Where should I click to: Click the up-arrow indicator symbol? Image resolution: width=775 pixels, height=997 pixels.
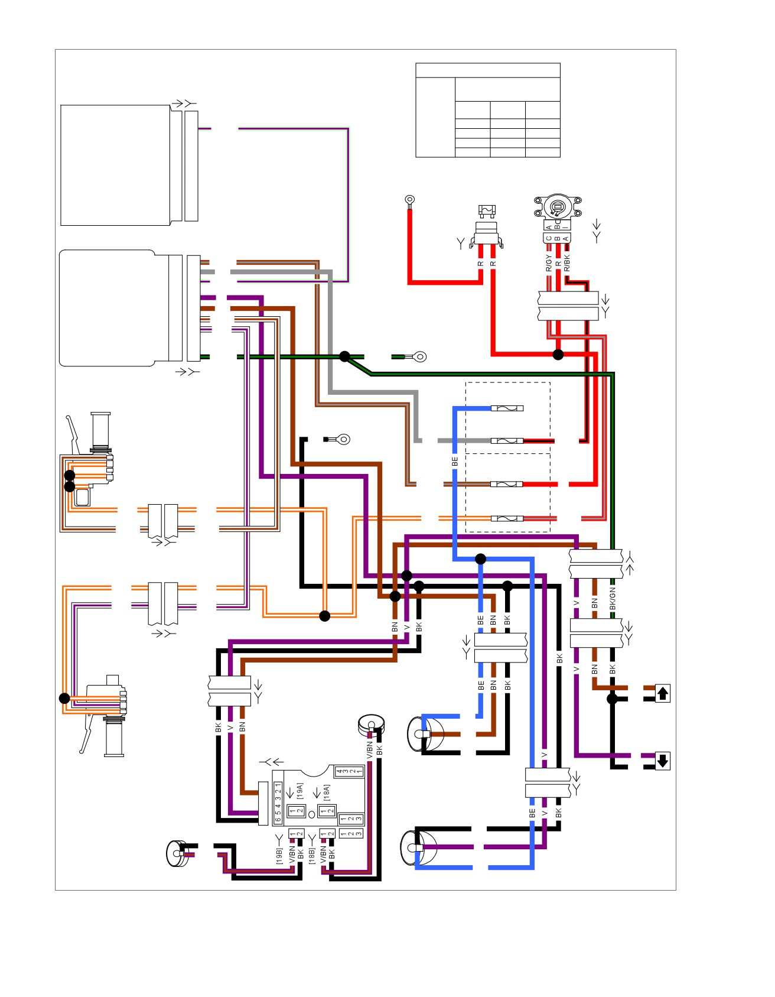(662, 693)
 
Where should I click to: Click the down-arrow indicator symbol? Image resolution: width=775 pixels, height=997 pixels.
(662, 761)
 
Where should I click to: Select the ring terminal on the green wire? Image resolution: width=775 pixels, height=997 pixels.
(419, 356)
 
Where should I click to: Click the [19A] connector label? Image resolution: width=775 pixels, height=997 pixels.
(299, 791)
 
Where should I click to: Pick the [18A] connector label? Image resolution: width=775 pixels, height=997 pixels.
(327, 792)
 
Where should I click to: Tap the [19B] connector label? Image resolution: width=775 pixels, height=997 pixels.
(279, 856)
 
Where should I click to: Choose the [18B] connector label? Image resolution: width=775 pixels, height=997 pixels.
(311, 856)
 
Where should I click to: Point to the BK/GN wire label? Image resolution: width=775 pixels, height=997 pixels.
(613, 599)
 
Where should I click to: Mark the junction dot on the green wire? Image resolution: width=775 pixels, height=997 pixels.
(344, 356)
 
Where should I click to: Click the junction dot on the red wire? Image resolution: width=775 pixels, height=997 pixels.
(558, 355)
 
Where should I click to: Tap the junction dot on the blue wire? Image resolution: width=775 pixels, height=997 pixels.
(481, 558)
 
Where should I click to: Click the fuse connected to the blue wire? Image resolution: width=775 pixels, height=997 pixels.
(507, 408)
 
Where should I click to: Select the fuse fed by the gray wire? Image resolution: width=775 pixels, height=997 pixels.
(507, 441)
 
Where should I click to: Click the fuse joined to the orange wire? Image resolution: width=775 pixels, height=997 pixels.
(507, 519)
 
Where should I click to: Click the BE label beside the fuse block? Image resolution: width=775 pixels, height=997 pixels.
(455, 462)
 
